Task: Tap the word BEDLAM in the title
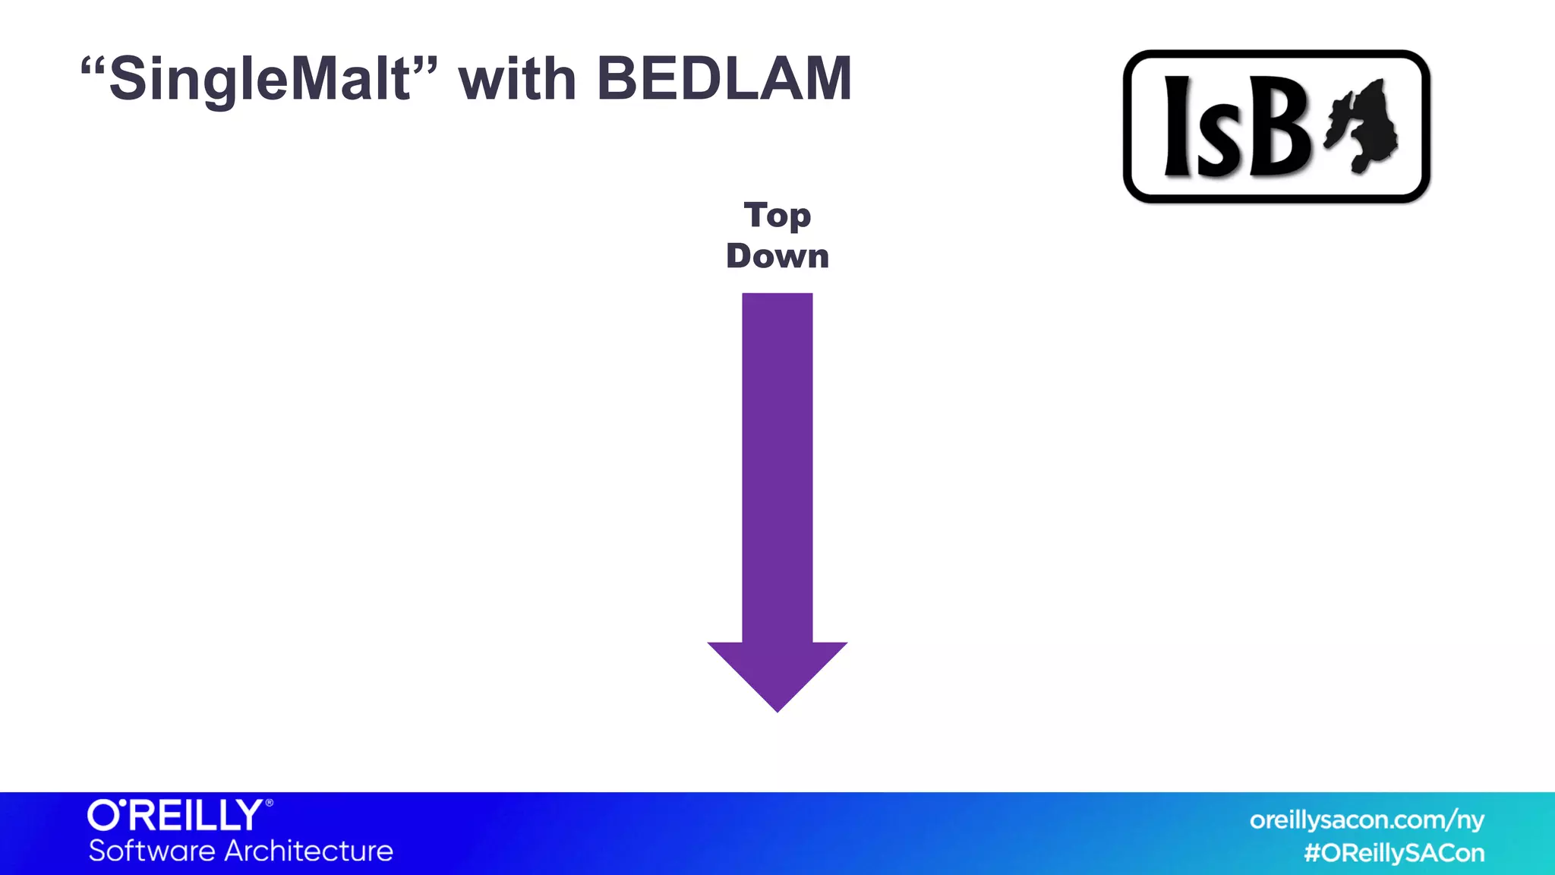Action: click(x=724, y=79)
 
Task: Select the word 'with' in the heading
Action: click(x=517, y=79)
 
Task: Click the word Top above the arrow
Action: click(x=777, y=216)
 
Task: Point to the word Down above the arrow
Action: click(x=777, y=256)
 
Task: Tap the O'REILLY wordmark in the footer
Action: click(x=175, y=816)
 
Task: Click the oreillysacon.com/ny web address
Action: click(x=1366, y=820)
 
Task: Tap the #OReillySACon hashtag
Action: click(x=1394, y=853)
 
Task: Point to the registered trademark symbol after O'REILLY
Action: click(x=269, y=803)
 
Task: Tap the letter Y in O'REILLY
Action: click(x=248, y=816)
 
